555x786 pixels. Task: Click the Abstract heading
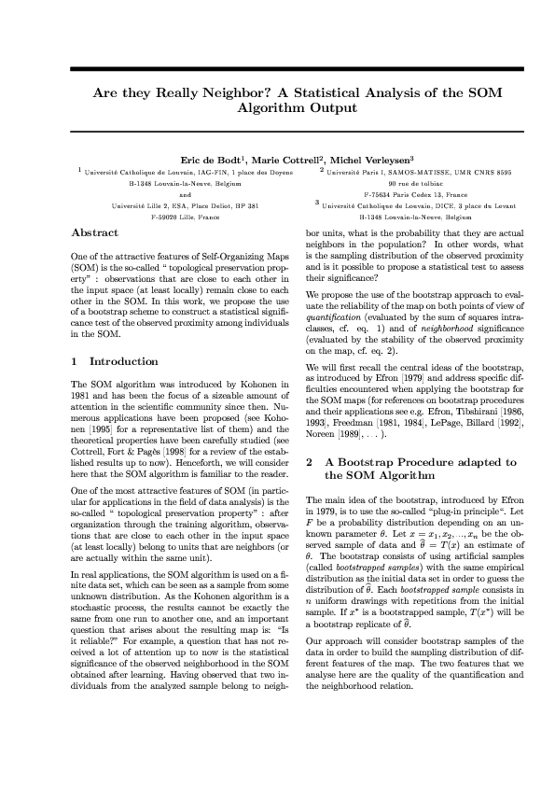[95, 232]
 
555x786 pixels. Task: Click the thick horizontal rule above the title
[277, 69]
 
